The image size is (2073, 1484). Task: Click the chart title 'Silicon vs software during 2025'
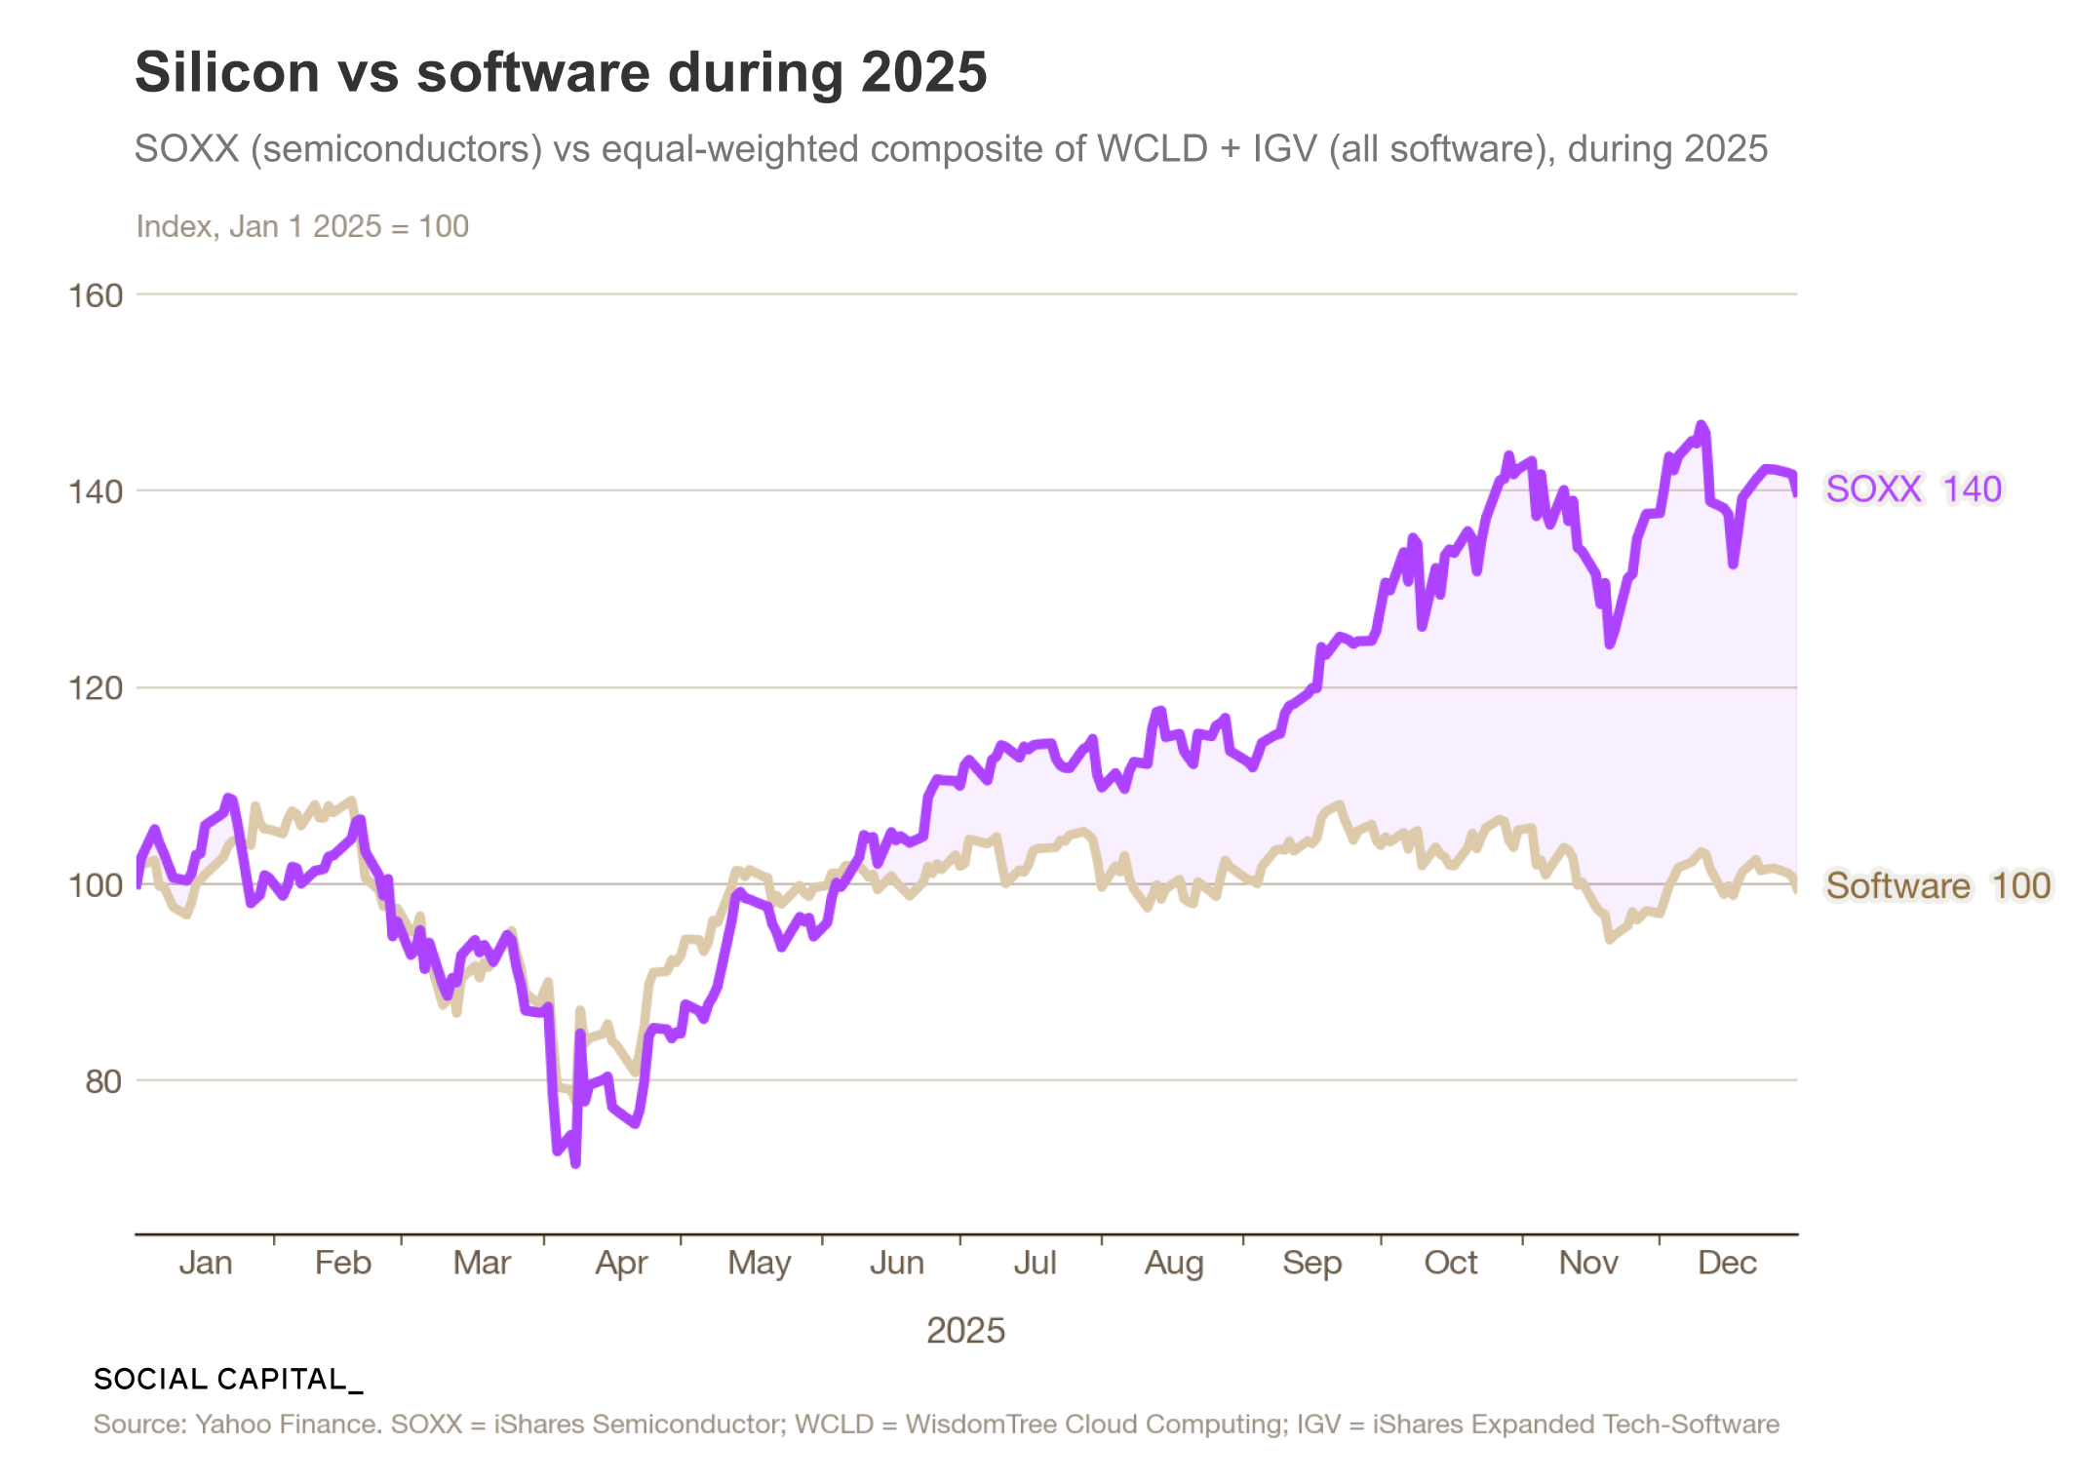tap(561, 72)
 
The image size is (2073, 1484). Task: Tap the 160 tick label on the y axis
tap(96, 295)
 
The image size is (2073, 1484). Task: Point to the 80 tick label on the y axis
tap(103, 1081)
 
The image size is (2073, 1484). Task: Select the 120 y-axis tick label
tap(96, 688)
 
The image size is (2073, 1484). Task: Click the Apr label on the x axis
tap(621, 1264)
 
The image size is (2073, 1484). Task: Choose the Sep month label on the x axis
tap(1311, 1264)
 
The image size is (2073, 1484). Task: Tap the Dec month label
tap(1727, 1263)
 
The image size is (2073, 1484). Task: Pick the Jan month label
tap(205, 1263)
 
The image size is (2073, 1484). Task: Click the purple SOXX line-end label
tap(1873, 488)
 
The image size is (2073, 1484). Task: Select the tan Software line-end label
tap(1897, 885)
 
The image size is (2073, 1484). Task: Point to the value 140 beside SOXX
tap(1972, 488)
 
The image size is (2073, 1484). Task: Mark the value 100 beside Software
tap(2020, 885)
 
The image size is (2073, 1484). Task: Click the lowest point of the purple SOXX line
tap(575, 1163)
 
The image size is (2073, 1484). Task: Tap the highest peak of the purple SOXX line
tap(1701, 425)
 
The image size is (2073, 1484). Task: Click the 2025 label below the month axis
tap(965, 1330)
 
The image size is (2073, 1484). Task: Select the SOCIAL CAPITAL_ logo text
tap(228, 1379)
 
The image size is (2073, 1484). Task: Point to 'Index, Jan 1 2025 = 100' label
tap(302, 226)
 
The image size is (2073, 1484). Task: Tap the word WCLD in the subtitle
tap(1153, 149)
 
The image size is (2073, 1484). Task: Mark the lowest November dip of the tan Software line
tap(1610, 939)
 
